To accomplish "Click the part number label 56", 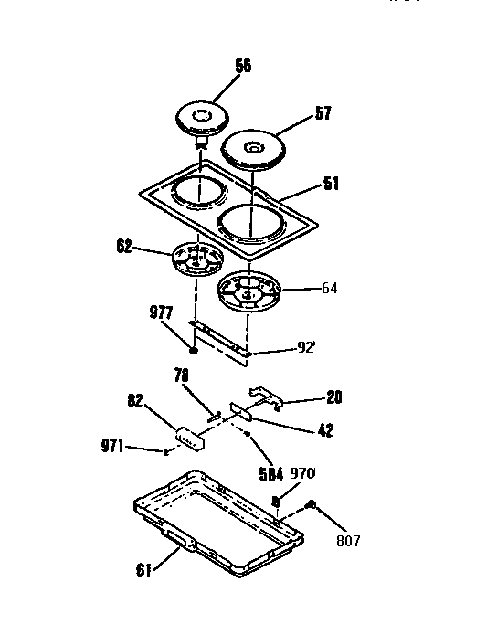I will pos(242,66).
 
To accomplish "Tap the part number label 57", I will pos(323,113).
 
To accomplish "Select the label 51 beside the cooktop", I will pos(330,184).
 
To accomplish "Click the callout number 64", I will pos(329,288).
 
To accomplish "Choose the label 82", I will pos(135,400).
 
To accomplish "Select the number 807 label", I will pos(347,540).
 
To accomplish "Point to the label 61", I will pos(143,572).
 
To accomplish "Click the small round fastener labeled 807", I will pos(312,504).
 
